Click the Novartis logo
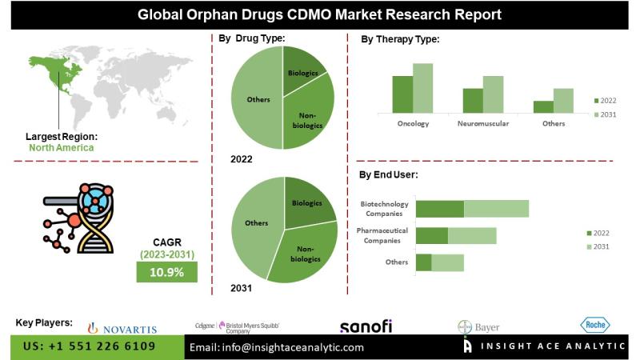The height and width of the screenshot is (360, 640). [x=122, y=328]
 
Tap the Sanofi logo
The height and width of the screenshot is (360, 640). [x=366, y=326]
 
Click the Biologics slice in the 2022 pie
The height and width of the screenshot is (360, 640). [x=302, y=70]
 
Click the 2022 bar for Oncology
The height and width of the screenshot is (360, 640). [x=402, y=94]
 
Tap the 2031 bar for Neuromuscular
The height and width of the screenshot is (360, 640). [x=494, y=94]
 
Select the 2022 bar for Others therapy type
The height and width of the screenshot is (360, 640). [x=543, y=106]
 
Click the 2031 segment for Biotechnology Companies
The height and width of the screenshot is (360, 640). [x=496, y=209]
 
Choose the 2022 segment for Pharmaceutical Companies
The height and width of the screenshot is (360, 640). [x=432, y=235]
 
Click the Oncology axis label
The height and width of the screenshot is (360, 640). [x=413, y=124]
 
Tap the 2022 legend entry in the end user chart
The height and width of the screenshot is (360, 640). [x=600, y=233]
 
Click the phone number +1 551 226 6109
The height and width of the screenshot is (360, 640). [x=90, y=346]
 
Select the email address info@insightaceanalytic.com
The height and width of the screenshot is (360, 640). [x=276, y=347]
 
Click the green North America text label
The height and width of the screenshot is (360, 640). [x=61, y=147]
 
